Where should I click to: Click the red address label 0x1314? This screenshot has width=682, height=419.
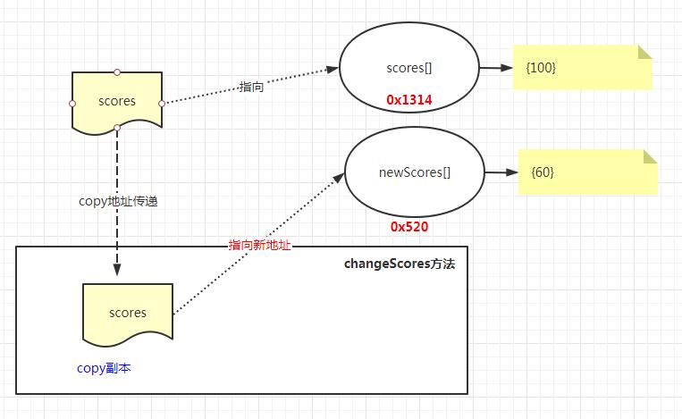tap(409, 100)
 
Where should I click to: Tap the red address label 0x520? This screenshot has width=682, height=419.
tap(409, 227)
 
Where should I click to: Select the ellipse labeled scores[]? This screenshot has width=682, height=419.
tap(409, 68)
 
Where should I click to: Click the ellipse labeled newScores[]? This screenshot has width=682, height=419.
tap(412, 172)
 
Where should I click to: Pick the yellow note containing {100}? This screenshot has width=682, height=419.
tap(582, 68)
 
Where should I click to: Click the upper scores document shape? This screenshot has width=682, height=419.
tap(117, 101)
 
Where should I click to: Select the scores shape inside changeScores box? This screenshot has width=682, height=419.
tap(128, 313)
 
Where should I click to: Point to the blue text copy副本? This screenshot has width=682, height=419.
tap(104, 367)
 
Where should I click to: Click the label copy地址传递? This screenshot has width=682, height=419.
tap(119, 202)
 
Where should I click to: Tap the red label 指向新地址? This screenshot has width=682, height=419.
tap(260, 245)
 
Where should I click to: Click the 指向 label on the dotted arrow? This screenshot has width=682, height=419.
tap(251, 87)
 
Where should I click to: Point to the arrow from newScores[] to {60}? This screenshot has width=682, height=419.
tap(499, 172)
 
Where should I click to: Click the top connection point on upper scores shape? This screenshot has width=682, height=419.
tap(117, 71)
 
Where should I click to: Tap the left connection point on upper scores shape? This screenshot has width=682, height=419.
tap(72, 104)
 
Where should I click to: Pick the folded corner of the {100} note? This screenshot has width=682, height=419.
tap(644, 53)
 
